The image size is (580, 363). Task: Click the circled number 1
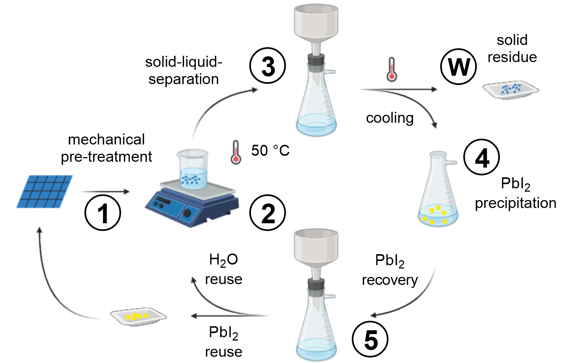coord(102,213)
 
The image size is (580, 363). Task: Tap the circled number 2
coord(268,213)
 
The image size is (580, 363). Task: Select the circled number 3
coord(268,66)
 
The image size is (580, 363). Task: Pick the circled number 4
coord(482,157)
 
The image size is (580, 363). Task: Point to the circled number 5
coord(370,339)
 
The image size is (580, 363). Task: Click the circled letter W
coord(458,67)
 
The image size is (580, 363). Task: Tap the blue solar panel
coord(45,191)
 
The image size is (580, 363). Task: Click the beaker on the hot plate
coord(193,169)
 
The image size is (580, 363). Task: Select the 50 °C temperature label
coord(270,151)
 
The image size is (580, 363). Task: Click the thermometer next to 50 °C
coord(236,152)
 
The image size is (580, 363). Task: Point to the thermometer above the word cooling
coord(391,69)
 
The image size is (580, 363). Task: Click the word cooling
coord(390,118)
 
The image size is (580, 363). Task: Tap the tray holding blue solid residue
coord(510,90)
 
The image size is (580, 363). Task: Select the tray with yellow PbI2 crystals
coord(138,316)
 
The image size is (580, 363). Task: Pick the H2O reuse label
coord(223,269)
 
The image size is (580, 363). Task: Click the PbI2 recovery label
coord(390,270)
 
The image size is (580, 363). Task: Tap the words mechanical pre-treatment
coord(106,148)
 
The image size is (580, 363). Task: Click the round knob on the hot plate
coord(187,213)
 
